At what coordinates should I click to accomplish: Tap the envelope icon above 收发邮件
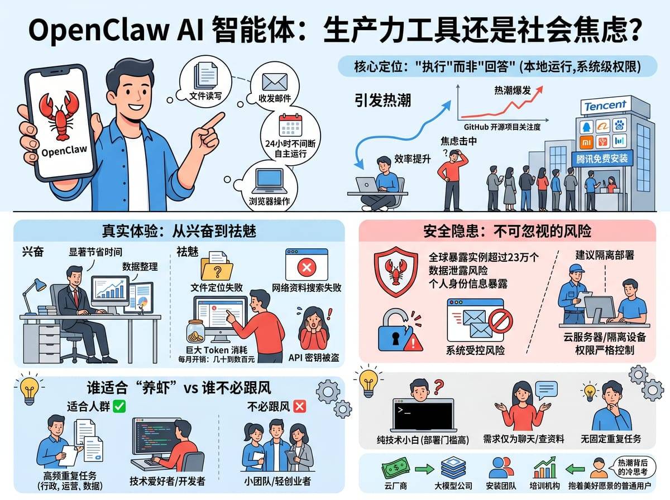(275, 82)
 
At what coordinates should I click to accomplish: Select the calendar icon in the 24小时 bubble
(290, 125)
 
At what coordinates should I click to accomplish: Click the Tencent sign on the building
(605, 106)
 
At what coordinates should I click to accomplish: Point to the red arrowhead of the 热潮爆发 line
(539, 90)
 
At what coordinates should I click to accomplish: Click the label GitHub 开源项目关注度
(502, 127)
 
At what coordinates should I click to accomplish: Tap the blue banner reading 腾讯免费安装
(602, 158)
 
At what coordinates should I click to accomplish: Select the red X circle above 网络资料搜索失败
(307, 267)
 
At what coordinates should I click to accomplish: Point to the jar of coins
(195, 331)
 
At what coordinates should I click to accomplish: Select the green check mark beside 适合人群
(119, 406)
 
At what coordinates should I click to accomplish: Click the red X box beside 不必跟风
(299, 406)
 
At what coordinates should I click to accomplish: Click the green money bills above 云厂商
(396, 468)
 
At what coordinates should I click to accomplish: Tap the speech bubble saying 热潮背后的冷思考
(633, 468)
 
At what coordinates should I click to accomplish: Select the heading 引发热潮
(383, 100)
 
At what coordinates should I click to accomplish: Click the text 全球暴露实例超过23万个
(484, 257)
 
